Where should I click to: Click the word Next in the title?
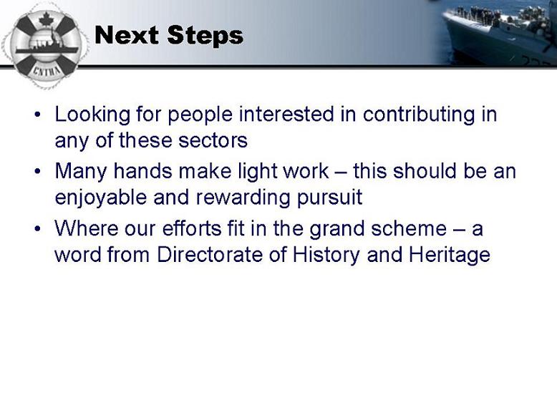point(127,35)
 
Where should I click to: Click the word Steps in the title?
point(205,36)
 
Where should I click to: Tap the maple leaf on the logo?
point(46,19)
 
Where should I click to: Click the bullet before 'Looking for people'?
point(38,115)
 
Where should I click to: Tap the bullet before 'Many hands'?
point(38,172)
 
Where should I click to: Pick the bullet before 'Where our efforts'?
point(38,229)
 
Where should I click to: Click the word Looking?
point(92,115)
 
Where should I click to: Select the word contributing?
point(419,115)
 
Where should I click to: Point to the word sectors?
point(213,140)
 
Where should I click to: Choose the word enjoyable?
point(101,198)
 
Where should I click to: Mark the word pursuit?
point(329,198)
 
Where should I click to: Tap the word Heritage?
point(450,255)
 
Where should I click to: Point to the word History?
point(326,255)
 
